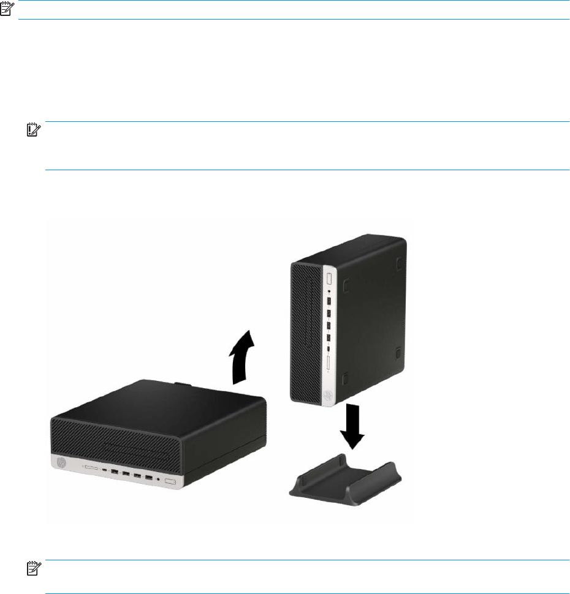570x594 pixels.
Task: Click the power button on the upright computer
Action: point(329,279)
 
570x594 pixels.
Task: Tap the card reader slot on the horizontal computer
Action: point(91,468)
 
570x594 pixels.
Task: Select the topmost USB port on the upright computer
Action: point(329,304)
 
